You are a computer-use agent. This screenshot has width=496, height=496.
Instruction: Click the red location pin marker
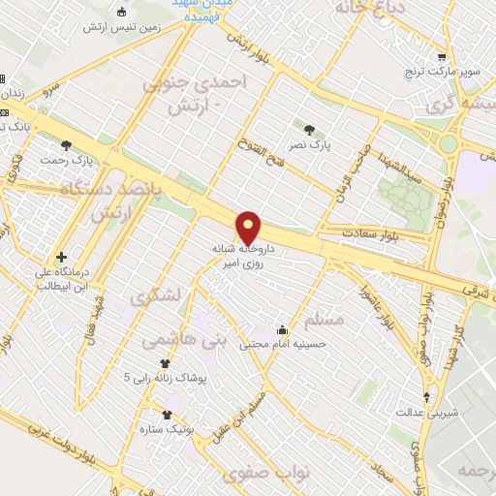[x=249, y=227]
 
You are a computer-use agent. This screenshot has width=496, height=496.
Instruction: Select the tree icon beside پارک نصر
[x=308, y=128]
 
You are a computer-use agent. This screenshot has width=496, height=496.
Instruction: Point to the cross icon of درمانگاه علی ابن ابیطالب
[x=61, y=258]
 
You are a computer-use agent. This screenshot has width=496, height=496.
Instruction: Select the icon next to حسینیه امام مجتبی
[x=282, y=329]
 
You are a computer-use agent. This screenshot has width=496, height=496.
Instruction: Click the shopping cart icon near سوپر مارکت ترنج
[x=442, y=58]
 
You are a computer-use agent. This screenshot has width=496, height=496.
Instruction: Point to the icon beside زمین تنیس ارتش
[x=121, y=12]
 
